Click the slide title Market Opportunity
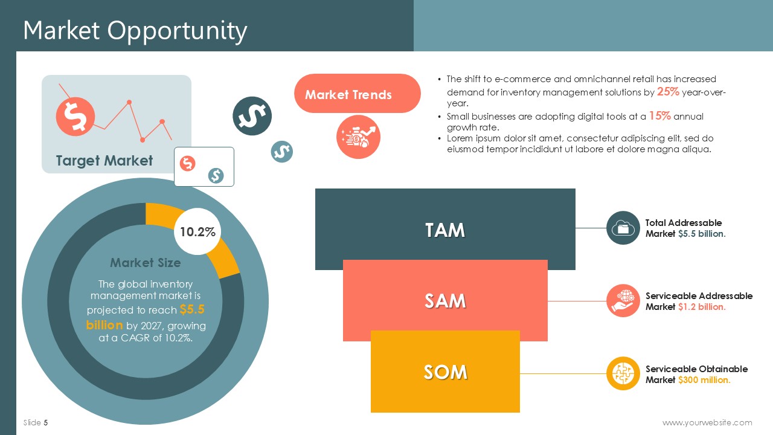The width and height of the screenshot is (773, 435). tap(135, 31)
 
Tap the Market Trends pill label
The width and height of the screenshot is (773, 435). tap(357, 93)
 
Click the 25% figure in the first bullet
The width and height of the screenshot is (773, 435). tap(668, 91)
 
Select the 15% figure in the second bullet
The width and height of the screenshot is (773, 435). tap(659, 115)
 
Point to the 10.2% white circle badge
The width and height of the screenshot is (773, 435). tap(197, 231)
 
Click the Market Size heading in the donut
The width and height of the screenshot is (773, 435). tap(146, 263)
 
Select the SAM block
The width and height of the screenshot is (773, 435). tap(445, 300)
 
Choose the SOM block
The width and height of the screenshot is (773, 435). tap(445, 372)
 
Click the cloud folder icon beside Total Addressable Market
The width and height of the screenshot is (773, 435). tap(623, 228)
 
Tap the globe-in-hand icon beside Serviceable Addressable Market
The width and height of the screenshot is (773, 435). tap(623, 301)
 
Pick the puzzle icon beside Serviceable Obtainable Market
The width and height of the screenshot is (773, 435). tap(623, 373)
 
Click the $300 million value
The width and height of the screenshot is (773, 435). tap(704, 380)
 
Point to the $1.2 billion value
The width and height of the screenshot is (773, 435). tap(702, 306)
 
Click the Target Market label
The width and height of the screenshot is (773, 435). tap(104, 161)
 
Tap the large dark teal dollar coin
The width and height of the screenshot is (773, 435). tap(252, 116)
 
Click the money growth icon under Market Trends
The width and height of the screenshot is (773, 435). tap(358, 137)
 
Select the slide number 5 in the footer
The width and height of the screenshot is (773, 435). tap(46, 422)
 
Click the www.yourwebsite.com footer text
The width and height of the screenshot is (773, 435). tap(707, 422)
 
